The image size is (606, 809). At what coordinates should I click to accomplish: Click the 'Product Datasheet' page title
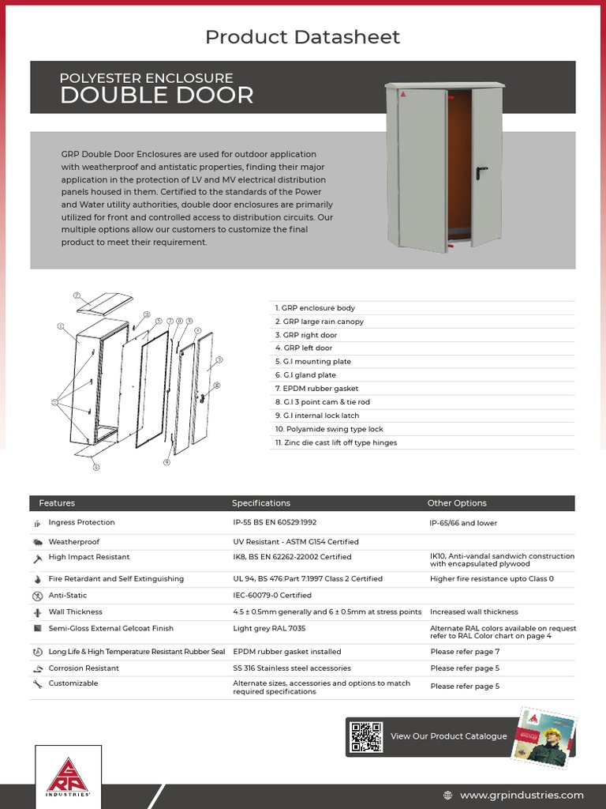tap(302, 36)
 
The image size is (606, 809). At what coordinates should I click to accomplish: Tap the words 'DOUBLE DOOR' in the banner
tap(157, 96)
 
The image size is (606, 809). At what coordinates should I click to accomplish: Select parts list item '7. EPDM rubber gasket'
tap(316, 389)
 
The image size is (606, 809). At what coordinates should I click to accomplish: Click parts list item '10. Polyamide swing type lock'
tap(329, 429)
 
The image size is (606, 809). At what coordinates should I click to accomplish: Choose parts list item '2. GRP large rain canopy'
tap(320, 322)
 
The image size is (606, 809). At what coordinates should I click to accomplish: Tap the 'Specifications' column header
tap(260, 503)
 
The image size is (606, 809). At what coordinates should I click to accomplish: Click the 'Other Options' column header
tap(457, 503)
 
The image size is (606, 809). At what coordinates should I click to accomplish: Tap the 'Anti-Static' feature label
tap(68, 596)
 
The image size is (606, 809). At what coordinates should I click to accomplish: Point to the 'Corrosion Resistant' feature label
tap(84, 668)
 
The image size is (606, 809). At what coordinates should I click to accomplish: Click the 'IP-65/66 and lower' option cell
tap(463, 523)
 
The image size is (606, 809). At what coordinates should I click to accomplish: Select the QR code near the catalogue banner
tap(366, 736)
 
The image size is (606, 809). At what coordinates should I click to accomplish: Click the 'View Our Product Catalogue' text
tap(448, 736)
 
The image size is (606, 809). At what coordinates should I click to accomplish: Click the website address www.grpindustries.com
tap(522, 795)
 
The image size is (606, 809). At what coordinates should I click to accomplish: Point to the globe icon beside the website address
tap(448, 795)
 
